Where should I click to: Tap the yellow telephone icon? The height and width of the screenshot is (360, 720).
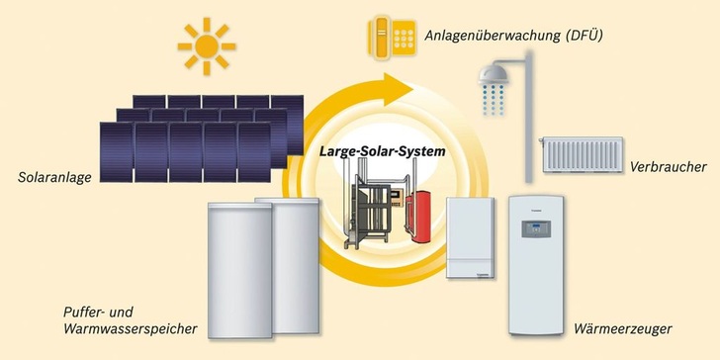coord(390,37)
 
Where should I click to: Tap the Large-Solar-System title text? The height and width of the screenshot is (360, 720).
coord(382,152)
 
